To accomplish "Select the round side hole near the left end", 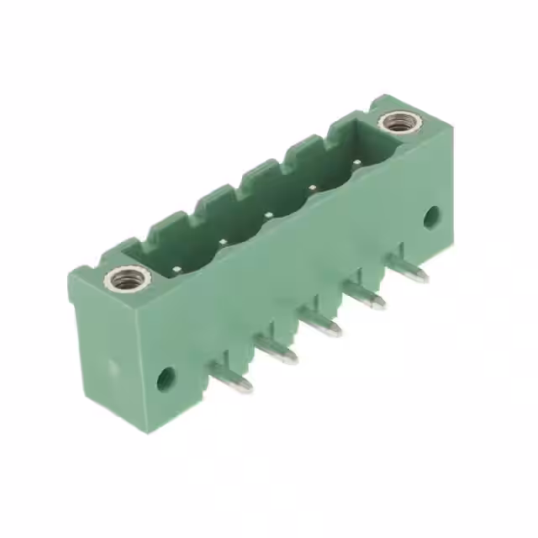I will point(166,378).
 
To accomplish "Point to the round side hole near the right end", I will point(431,217).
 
